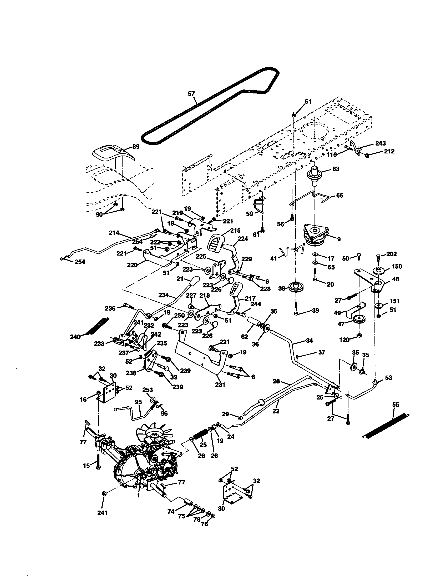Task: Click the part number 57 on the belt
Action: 191,93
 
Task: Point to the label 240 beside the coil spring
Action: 75,337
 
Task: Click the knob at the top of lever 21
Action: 195,280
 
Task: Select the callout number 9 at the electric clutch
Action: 339,239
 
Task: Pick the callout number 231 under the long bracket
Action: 220,385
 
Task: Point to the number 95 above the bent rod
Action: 138,402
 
